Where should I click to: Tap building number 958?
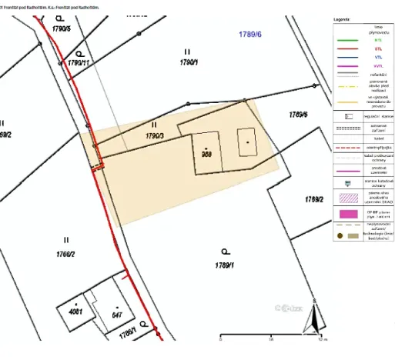tap(206, 153)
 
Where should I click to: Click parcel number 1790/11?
tap(79, 62)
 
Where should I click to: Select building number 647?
tap(118, 315)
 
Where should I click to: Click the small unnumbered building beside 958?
tap(246, 142)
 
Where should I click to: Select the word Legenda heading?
tap(343, 15)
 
